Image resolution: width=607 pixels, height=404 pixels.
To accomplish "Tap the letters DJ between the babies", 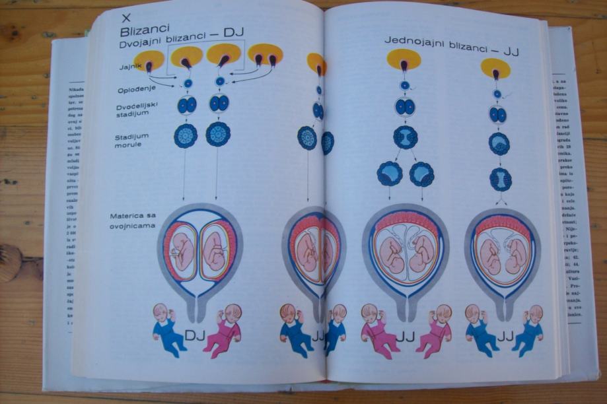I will [195, 337].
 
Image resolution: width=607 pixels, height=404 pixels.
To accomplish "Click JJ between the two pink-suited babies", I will [405, 337].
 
